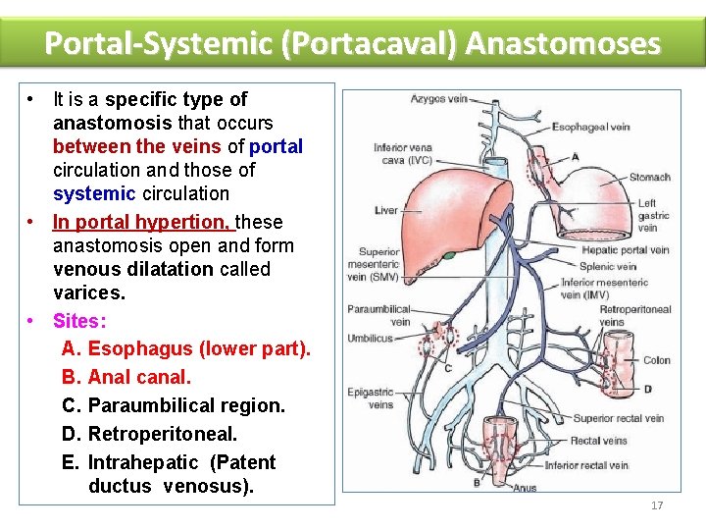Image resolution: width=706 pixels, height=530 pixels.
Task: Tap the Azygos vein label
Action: click(438, 99)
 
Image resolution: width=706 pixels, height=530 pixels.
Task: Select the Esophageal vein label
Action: click(590, 127)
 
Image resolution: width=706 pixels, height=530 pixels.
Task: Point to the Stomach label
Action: click(649, 177)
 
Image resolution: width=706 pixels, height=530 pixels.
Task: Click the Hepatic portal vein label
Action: click(625, 249)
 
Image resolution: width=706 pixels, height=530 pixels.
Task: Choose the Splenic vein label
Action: click(608, 266)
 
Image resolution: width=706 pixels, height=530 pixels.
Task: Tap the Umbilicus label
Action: click(370, 338)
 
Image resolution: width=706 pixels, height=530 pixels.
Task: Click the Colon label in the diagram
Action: click(656, 360)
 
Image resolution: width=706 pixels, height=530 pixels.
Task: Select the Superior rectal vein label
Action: click(618, 418)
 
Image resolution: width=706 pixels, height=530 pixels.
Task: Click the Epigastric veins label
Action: click(371, 398)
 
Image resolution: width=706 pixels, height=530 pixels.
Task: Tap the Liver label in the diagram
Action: click(385, 210)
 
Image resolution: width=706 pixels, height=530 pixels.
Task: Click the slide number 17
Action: click(657, 505)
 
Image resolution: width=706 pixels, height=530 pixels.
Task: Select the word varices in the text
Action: click(89, 292)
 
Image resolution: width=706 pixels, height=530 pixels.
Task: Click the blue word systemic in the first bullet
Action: click(93, 193)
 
